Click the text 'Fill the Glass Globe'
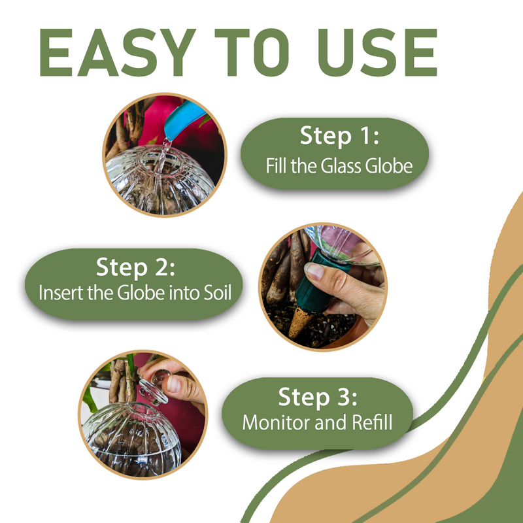(339, 166)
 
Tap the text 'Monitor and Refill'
(318, 422)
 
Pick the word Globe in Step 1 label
(388, 166)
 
